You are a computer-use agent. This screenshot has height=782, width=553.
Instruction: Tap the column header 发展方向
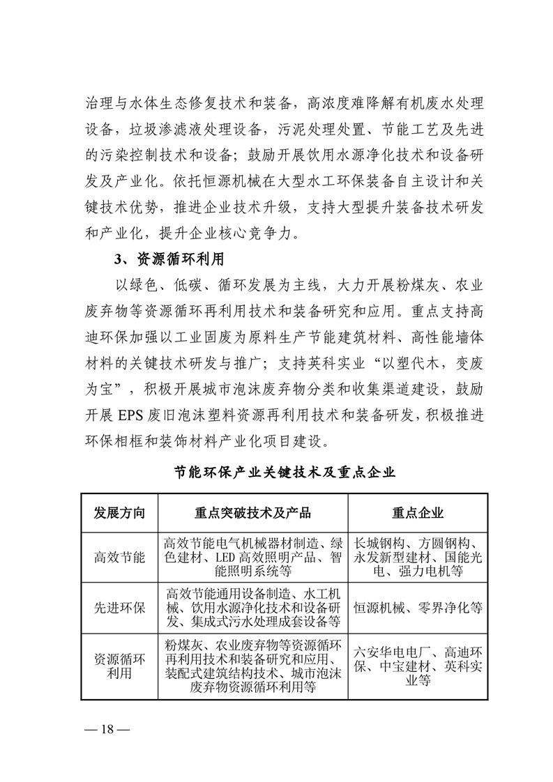point(119,513)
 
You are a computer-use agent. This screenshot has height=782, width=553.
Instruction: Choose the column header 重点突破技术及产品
point(252,513)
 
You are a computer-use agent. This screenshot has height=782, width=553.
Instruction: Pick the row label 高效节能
point(119,558)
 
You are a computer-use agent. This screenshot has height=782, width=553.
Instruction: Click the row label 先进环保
point(119,607)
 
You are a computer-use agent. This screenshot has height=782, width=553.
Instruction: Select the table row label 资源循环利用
point(119,666)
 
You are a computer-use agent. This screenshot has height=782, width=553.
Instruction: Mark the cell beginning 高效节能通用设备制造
point(252,607)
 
